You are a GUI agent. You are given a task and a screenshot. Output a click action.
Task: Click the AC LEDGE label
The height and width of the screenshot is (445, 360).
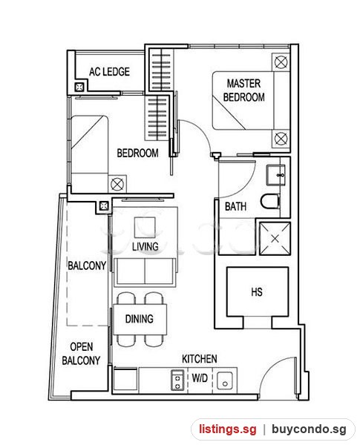pyautogui.click(x=109, y=71)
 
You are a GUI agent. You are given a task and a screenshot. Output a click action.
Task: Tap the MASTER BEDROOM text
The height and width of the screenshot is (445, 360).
pyautogui.click(x=243, y=90)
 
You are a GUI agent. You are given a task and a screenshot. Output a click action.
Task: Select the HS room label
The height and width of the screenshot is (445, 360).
pyautogui.click(x=257, y=291)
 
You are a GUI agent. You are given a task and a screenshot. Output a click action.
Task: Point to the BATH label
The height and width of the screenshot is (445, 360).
pyautogui.click(x=235, y=206)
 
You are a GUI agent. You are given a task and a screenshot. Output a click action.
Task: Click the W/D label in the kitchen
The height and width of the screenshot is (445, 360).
pyautogui.click(x=200, y=378)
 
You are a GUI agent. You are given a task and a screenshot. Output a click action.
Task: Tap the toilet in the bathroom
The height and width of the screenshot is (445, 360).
pyautogui.click(x=270, y=202)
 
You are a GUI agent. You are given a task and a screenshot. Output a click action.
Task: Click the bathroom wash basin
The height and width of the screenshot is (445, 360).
pyautogui.click(x=275, y=175)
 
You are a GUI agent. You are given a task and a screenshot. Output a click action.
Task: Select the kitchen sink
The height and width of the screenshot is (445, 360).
pyautogui.click(x=225, y=381)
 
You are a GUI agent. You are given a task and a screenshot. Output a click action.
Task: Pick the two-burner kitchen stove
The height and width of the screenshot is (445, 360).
pyautogui.click(x=177, y=380)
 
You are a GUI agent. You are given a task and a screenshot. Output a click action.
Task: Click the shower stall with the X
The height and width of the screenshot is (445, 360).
pyautogui.click(x=275, y=239)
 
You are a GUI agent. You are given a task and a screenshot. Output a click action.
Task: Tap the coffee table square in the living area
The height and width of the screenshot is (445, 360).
pyautogui.click(x=145, y=227)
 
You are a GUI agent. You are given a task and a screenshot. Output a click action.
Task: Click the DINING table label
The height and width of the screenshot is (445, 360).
pyautogui.click(x=140, y=319)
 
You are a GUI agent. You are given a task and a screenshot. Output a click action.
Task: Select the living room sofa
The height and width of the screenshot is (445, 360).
pyautogui.click(x=145, y=272)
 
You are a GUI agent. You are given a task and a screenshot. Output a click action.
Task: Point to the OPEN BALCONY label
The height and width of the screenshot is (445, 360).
pyautogui.click(x=81, y=354)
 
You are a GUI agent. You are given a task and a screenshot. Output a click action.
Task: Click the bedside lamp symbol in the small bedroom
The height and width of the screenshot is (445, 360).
pyautogui.click(x=117, y=184)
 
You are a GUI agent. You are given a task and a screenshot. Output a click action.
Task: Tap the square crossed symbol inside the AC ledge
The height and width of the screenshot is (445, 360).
pyautogui.click(x=79, y=87)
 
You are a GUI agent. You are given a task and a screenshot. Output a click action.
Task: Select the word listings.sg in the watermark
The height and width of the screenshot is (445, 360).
pyautogui.click(x=227, y=429)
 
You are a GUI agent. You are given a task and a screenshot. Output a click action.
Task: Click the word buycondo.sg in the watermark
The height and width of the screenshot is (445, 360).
pyautogui.click(x=309, y=429)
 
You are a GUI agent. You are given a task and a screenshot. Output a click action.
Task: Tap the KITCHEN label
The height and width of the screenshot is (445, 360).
pyautogui.click(x=200, y=359)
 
